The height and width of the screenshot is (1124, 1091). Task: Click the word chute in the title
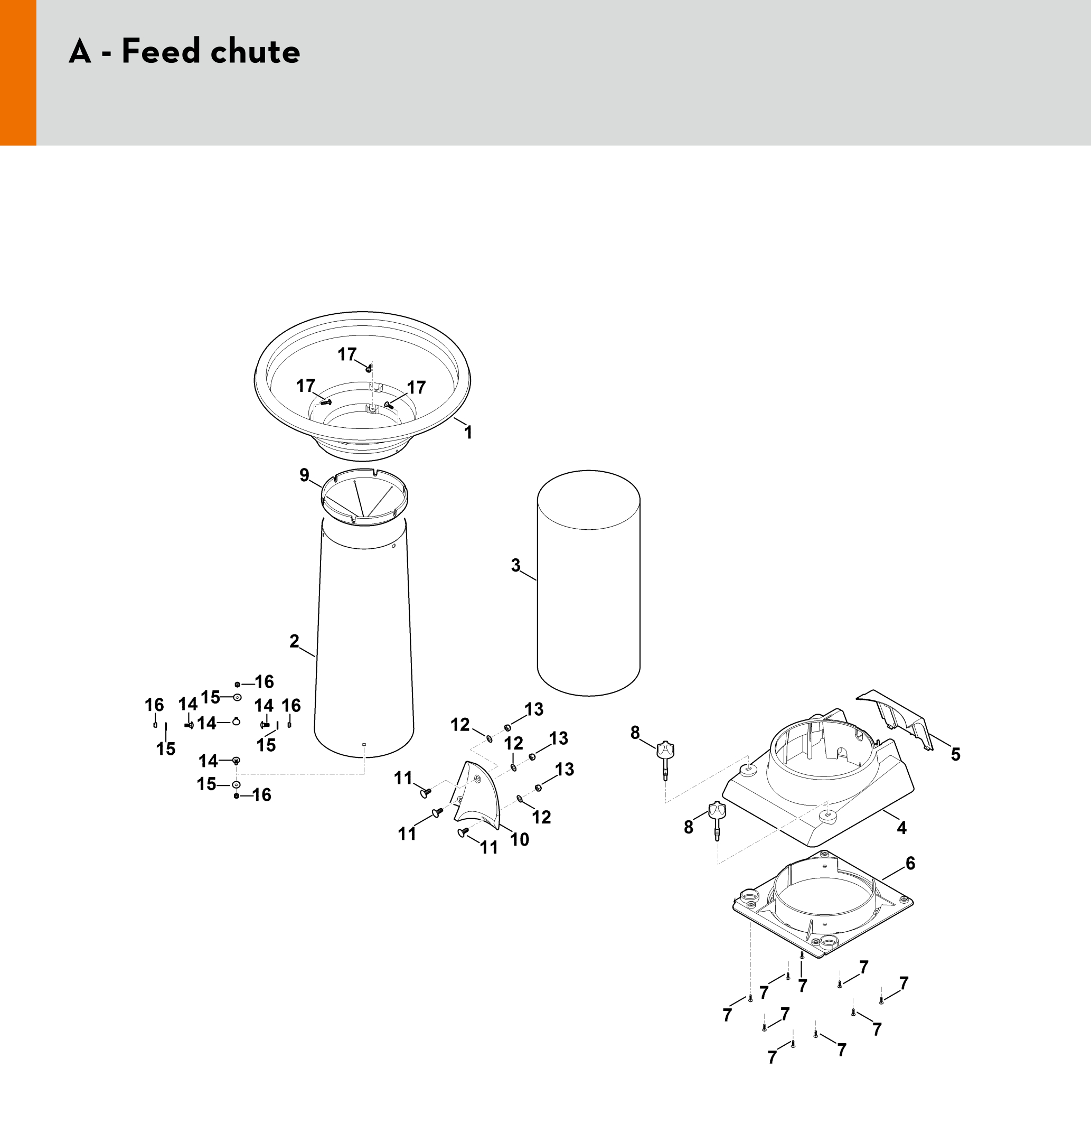click(x=255, y=51)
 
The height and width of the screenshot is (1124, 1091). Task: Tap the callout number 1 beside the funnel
click(x=468, y=432)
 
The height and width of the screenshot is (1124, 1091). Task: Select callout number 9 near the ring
click(x=304, y=475)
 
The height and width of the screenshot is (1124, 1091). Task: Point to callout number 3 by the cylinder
click(x=516, y=566)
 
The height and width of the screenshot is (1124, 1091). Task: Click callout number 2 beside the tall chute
click(x=294, y=641)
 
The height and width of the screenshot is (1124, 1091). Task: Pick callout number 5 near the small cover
click(x=956, y=754)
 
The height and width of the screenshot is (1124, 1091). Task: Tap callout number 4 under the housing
click(x=902, y=828)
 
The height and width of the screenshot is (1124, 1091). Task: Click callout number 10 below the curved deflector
click(x=520, y=839)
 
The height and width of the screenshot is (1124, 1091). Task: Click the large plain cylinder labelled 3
click(x=588, y=583)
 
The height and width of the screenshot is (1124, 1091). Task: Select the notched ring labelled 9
click(x=364, y=497)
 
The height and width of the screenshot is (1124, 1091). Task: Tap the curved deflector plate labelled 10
click(x=477, y=796)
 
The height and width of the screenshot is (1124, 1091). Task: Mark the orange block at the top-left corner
click(x=18, y=73)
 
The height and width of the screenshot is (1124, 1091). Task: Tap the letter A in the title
click(x=80, y=51)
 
